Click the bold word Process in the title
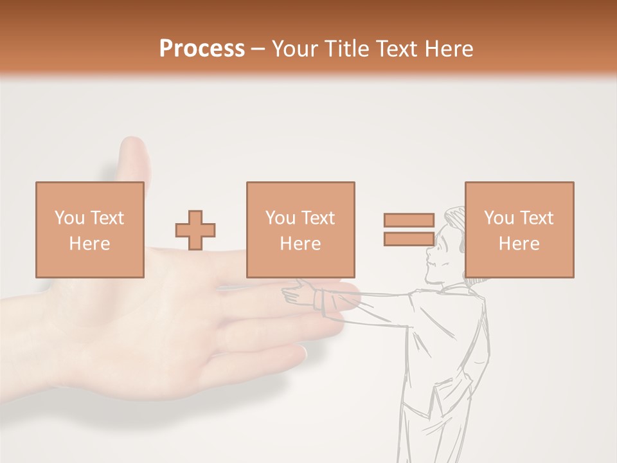tap(202, 48)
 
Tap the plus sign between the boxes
tap(195, 230)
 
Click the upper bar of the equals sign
tap(409, 220)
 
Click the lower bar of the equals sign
tap(409, 239)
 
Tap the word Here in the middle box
tap(300, 244)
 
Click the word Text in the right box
tap(535, 218)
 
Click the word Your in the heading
tap(296, 48)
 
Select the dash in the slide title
tap(258, 50)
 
